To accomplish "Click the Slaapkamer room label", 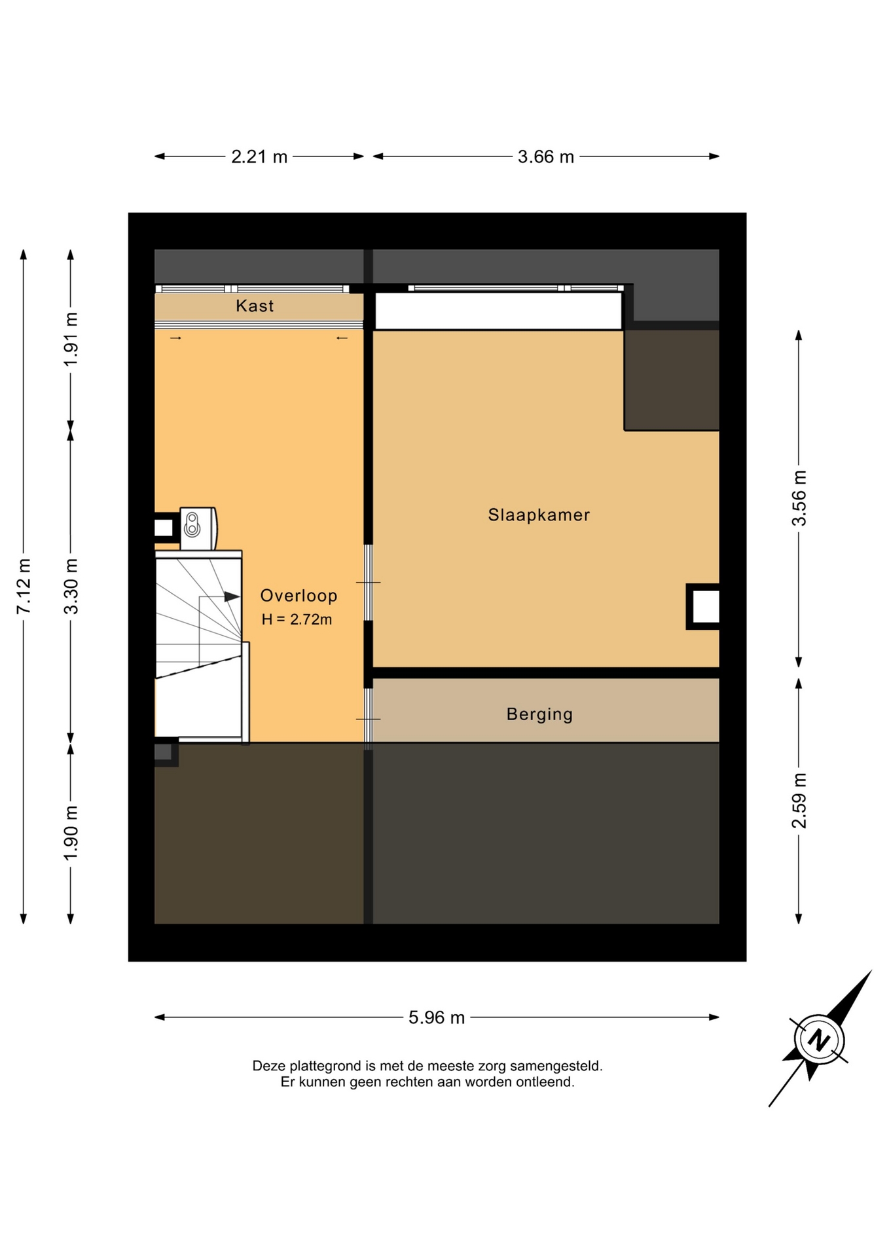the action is [x=539, y=515].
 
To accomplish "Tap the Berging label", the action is [x=539, y=714].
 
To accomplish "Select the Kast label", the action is [x=255, y=306].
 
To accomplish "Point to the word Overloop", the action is [x=299, y=596].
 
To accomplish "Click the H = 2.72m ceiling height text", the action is [x=297, y=619].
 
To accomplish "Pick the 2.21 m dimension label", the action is [x=259, y=157].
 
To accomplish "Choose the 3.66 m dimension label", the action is [x=546, y=157].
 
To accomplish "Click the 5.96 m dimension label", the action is [x=437, y=1017].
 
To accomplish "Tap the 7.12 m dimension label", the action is [x=24, y=587].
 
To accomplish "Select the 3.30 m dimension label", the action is [x=71, y=587].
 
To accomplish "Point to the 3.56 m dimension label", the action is [x=799, y=498].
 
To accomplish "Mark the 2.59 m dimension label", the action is [x=799, y=801].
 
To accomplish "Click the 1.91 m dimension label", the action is [x=71, y=339].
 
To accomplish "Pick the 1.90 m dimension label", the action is [x=71, y=833].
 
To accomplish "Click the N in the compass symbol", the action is [x=818, y=1040].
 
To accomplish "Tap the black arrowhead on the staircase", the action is [x=232, y=596].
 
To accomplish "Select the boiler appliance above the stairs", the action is [x=198, y=528].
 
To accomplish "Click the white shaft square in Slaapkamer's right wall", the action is [x=706, y=606].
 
